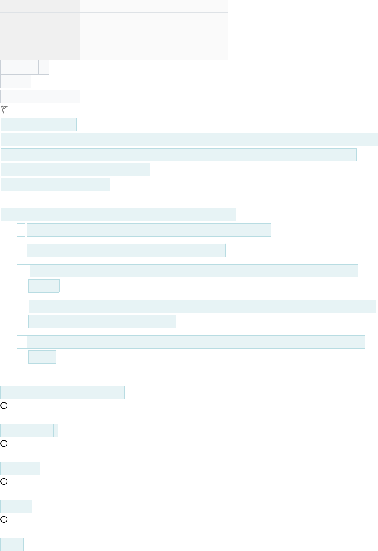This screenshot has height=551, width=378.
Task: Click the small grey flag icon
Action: click(4, 109)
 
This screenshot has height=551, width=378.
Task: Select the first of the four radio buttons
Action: click(4, 406)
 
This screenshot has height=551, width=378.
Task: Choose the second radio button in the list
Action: click(4, 444)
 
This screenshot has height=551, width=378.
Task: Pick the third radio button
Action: click(4, 481)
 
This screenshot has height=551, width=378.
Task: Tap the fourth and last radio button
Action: click(4, 519)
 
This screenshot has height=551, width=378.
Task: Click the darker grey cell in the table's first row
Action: click(40, 6)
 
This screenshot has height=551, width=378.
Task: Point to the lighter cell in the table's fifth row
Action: click(154, 54)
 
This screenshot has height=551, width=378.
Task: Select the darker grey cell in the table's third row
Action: click(40, 30)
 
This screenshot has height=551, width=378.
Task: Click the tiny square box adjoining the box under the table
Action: click(44, 67)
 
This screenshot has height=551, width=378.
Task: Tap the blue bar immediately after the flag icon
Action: click(39, 125)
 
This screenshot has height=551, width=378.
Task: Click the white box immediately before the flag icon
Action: click(40, 96)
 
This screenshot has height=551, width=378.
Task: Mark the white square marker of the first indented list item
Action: click(21, 230)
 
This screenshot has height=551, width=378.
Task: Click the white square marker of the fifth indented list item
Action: click(22, 342)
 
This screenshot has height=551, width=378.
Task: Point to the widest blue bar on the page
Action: click(190, 140)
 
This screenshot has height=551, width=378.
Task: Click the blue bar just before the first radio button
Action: click(62, 393)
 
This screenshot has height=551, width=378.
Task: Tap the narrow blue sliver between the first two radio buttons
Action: click(56, 431)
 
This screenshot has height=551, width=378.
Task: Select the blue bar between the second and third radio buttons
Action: click(20, 469)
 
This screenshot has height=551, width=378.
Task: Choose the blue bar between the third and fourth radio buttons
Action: click(16, 507)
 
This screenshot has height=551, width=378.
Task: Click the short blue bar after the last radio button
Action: click(12, 544)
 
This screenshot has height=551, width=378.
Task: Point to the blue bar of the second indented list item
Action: click(126, 250)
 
